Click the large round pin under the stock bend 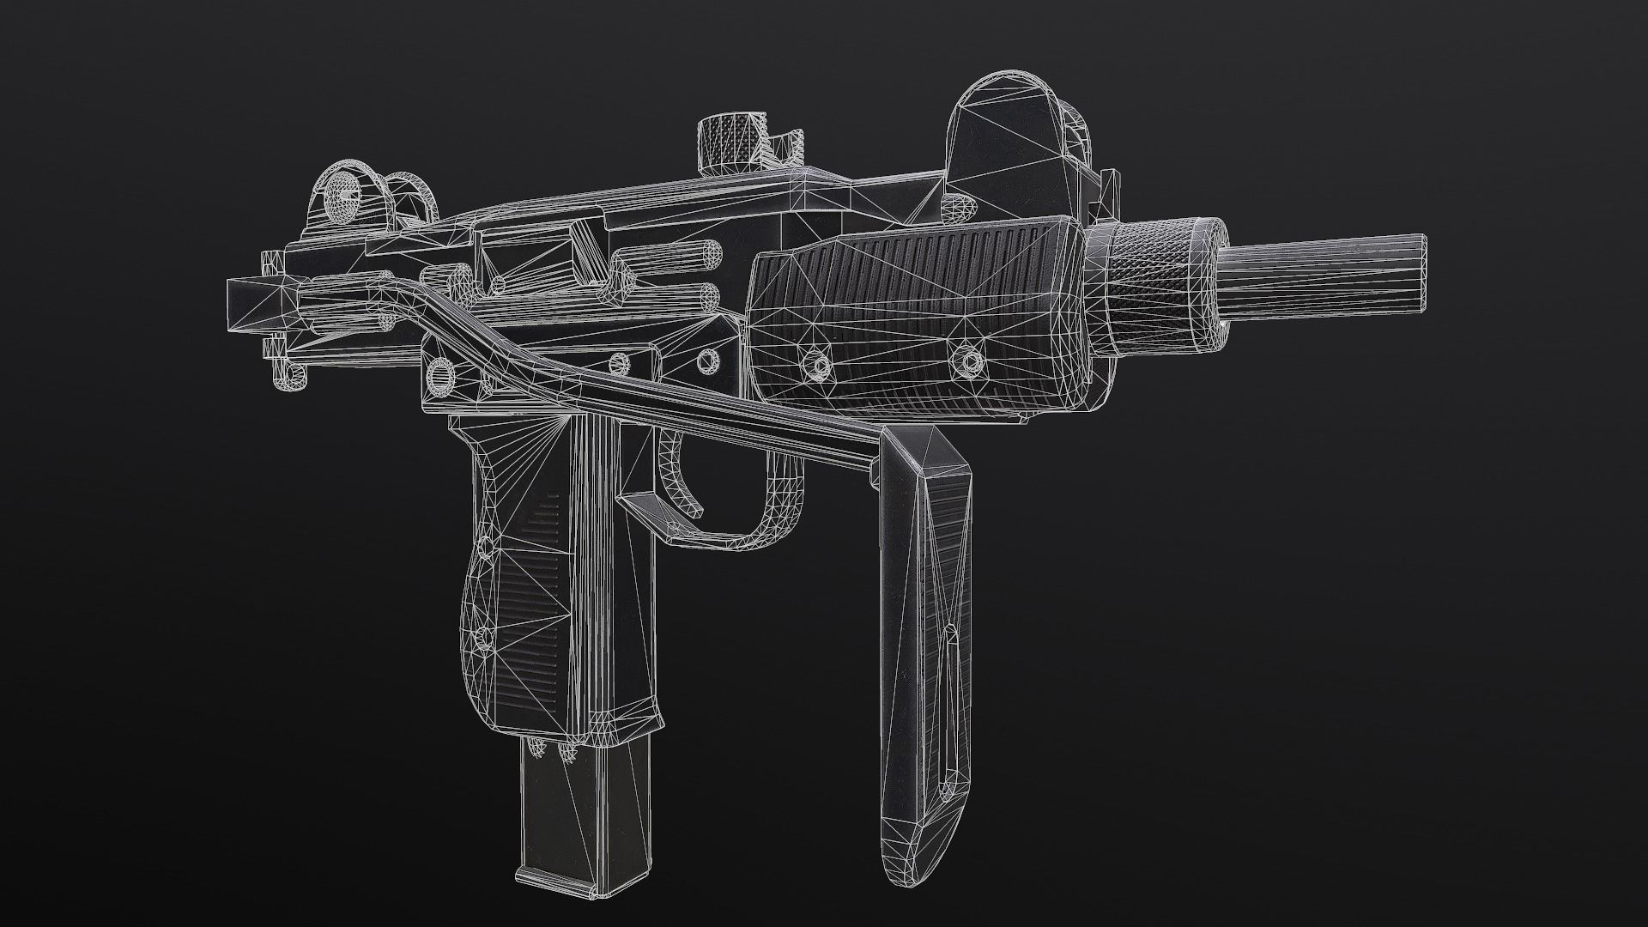[x=443, y=373]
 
